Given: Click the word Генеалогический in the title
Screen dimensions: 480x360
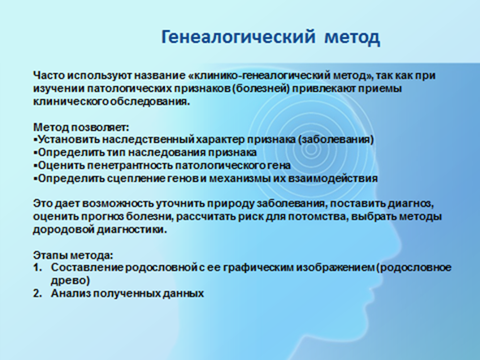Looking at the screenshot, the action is [x=238, y=37].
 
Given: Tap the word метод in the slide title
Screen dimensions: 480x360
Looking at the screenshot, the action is [x=352, y=37].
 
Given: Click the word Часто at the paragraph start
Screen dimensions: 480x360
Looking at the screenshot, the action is [x=49, y=76].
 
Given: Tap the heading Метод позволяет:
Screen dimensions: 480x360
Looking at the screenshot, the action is [x=81, y=127].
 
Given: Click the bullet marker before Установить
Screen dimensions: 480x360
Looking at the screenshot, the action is [x=35, y=140].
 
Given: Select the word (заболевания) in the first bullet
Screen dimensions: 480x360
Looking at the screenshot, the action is [x=335, y=140].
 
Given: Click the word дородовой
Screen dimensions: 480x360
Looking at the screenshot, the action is [x=63, y=230].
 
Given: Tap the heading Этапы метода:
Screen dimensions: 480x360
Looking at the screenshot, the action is [x=73, y=255].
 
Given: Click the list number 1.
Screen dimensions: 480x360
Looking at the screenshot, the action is [x=37, y=267].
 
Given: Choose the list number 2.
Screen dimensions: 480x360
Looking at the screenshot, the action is [x=37, y=293].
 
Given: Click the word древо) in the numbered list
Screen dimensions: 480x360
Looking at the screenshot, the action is [x=71, y=280].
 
